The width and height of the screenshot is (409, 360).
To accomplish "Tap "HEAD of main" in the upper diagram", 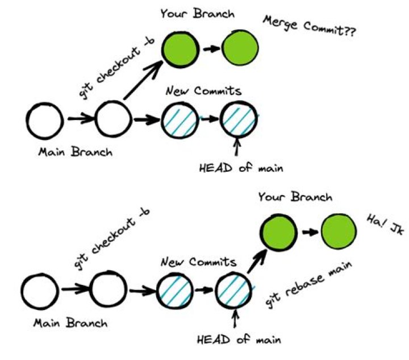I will click(x=241, y=168).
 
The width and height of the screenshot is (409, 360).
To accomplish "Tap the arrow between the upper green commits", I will click(x=210, y=49).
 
